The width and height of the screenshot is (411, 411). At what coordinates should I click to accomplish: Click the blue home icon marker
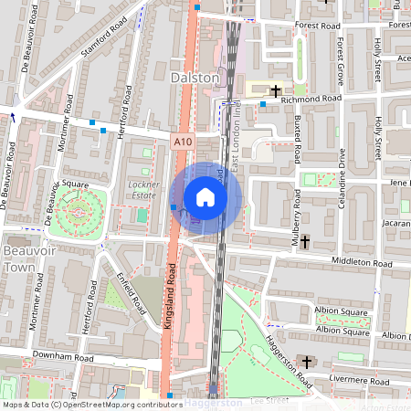(x=205, y=197)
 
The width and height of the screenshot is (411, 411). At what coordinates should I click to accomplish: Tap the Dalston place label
(x=195, y=79)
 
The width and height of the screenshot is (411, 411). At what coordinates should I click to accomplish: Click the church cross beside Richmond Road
(x=276, y=90)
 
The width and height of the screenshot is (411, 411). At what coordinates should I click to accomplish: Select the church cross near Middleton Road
(x=305, y=242)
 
